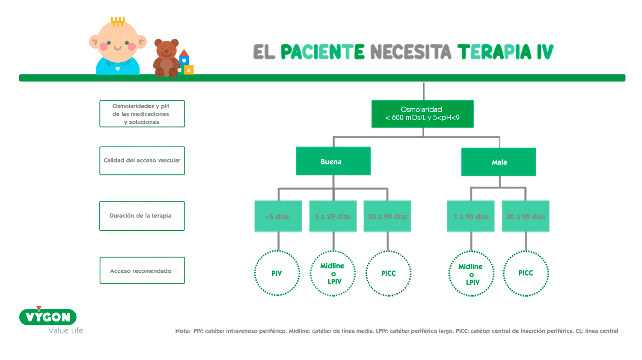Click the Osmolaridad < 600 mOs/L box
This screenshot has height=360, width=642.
[422, 114]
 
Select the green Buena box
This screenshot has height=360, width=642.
[333, 161]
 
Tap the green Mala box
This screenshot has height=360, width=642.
[499, 162]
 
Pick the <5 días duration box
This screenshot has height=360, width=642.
[278, 217]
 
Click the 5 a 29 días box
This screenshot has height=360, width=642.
[333, 217]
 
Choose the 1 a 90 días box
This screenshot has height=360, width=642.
[471, 217]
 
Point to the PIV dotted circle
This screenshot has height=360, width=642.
[277, 273]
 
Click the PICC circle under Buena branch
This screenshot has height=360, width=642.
[388, 273]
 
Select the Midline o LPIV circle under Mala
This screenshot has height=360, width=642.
[471, 274]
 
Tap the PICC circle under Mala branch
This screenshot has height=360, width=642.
[526, 273]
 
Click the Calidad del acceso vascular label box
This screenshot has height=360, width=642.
[142, 161]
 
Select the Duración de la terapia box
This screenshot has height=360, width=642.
[142, 216]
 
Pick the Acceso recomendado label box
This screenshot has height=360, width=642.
[142, 271]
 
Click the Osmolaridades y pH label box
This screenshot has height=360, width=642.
[142, 114]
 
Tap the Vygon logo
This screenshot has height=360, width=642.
[48, 317]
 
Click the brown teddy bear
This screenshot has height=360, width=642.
[166, 59]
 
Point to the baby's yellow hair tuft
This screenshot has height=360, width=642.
[118, 21]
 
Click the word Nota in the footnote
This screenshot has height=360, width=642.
[182, 331]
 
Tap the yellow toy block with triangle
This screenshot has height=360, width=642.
[189, 69]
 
